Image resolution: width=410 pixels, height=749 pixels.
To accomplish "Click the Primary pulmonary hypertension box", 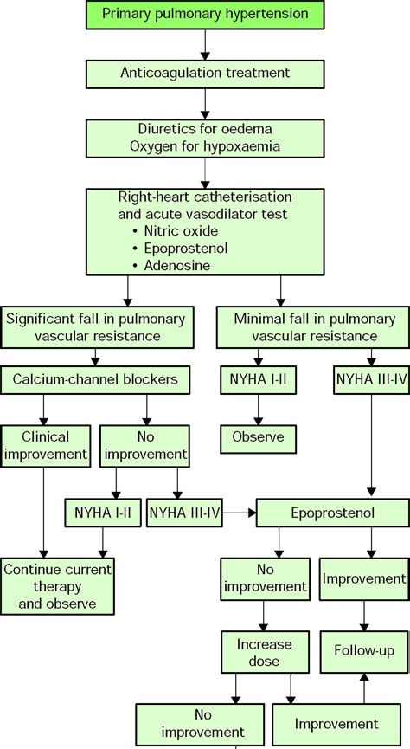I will tap(204, 14).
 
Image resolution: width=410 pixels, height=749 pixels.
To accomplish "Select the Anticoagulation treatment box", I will tap(204, 74).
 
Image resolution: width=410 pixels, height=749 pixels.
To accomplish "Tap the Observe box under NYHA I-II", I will tap(258, 436).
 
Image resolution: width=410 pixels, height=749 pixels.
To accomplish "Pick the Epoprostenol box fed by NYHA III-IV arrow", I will tap(332, 513).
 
